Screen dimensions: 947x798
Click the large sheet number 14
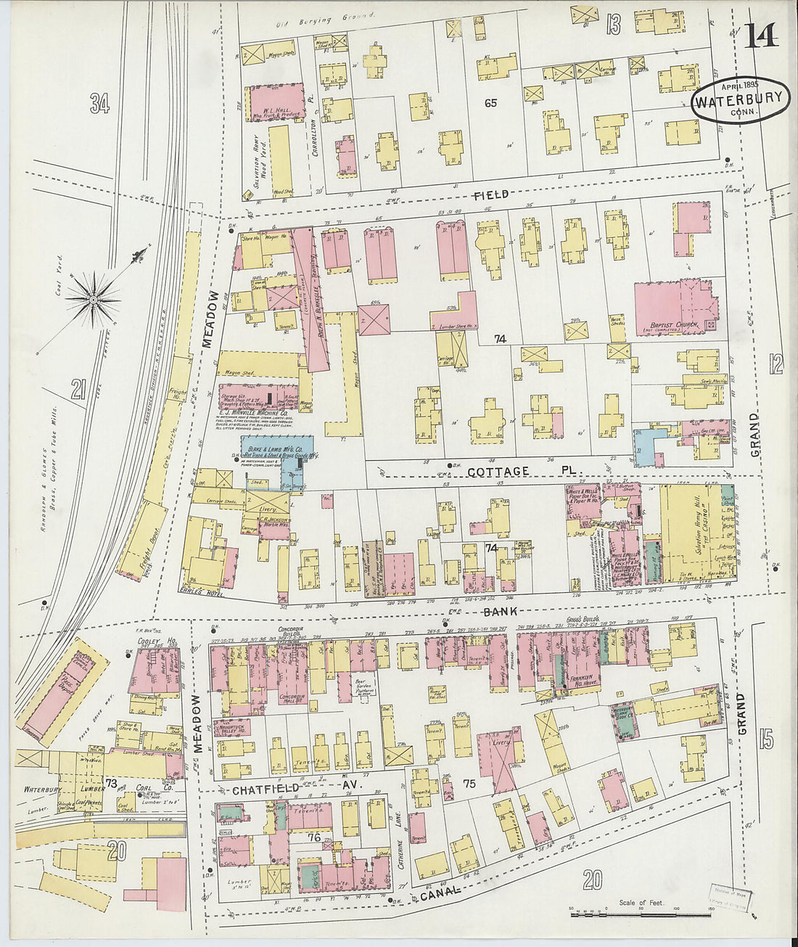(x=760, y=34)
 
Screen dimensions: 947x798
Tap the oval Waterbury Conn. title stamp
(x=740, y=103)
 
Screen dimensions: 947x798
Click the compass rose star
(x=93, y=298)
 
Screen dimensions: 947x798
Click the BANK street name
(x=501, y=612)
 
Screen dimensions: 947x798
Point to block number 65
(x=491, y=103)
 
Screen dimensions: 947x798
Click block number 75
(x=469, y=783)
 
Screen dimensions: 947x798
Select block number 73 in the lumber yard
(x=111, y=783)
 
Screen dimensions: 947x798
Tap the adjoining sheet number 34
(x=99, y=104)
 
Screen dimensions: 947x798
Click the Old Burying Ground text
(x=327, y=20)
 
